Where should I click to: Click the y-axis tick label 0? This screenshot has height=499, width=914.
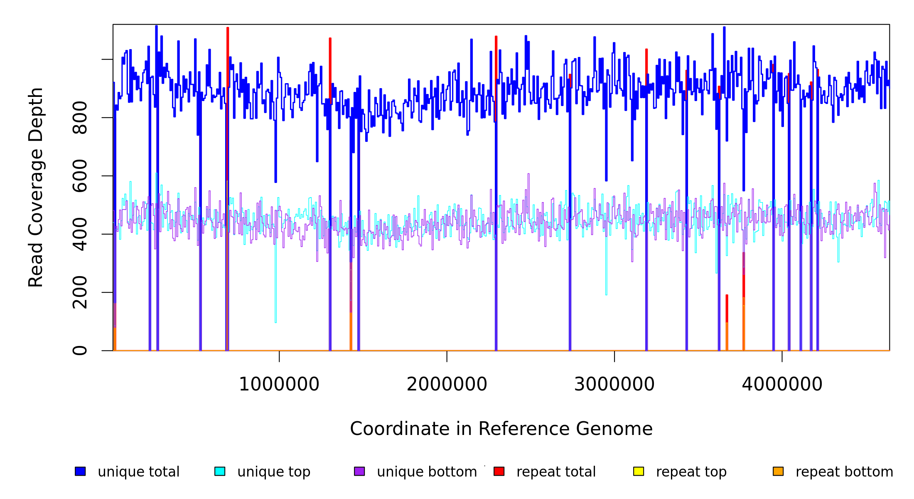click(x=80, y=351)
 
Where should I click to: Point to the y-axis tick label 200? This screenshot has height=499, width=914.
click(x=80, y=292)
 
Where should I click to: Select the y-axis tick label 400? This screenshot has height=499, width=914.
click(x=80, y=234)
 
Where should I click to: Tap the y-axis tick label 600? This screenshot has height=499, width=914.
click(x=80, y=176)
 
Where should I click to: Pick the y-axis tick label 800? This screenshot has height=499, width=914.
click(x=80, y=118)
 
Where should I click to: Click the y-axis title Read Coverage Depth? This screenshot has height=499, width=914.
click(x=36, y=187)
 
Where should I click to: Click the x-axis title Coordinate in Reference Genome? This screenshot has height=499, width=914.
click(x=501, y=429)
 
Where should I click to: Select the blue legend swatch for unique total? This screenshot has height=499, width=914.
click(x=80, y=471)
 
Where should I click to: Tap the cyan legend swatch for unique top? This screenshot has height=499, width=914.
click(x=220, y=471)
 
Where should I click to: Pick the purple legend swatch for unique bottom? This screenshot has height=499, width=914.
click(x=359, y=471)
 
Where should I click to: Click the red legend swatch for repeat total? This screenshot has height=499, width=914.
click(x=499, y=471)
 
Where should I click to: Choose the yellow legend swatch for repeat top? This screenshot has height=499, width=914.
click(x=639, y=471)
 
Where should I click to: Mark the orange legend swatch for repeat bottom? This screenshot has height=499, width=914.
click(x=778, y=471)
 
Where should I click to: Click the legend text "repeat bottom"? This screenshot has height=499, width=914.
click(x=844, y=472)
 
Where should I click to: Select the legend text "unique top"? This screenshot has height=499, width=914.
click(x=274, y=472)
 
